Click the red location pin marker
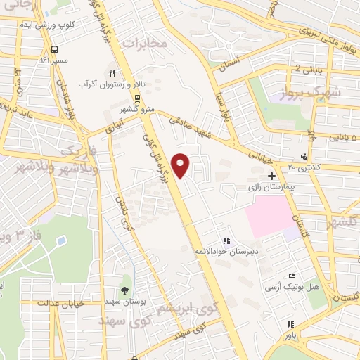pyautogui.click(x=182, y=165)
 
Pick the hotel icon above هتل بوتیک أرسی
pyautogui.click(x=292, y=275)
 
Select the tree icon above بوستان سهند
pyautogui.click(x=124, y=290)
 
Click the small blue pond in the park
pyautogui.click(x=63, y=240)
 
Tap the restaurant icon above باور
pyautogui.click(x=289, y=325)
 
